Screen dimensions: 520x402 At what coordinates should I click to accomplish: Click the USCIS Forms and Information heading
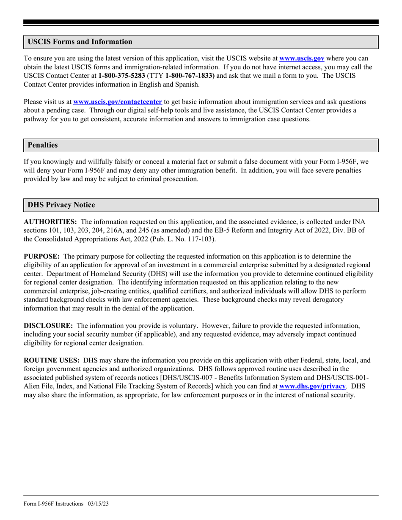coord(80,42)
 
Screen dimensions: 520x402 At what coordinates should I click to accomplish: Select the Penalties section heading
coord(43,145)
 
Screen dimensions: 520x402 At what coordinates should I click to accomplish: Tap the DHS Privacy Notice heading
coord(61,205)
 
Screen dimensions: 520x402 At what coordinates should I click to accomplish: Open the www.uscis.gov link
coord(302,59)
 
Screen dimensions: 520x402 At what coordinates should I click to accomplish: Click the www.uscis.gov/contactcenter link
coord(118,102)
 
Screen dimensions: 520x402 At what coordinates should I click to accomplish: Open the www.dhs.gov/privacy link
coord(312,386)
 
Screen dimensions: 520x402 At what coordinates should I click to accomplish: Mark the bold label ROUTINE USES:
coord(52,361)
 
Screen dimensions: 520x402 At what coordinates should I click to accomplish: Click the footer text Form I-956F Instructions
coord(54,504)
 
